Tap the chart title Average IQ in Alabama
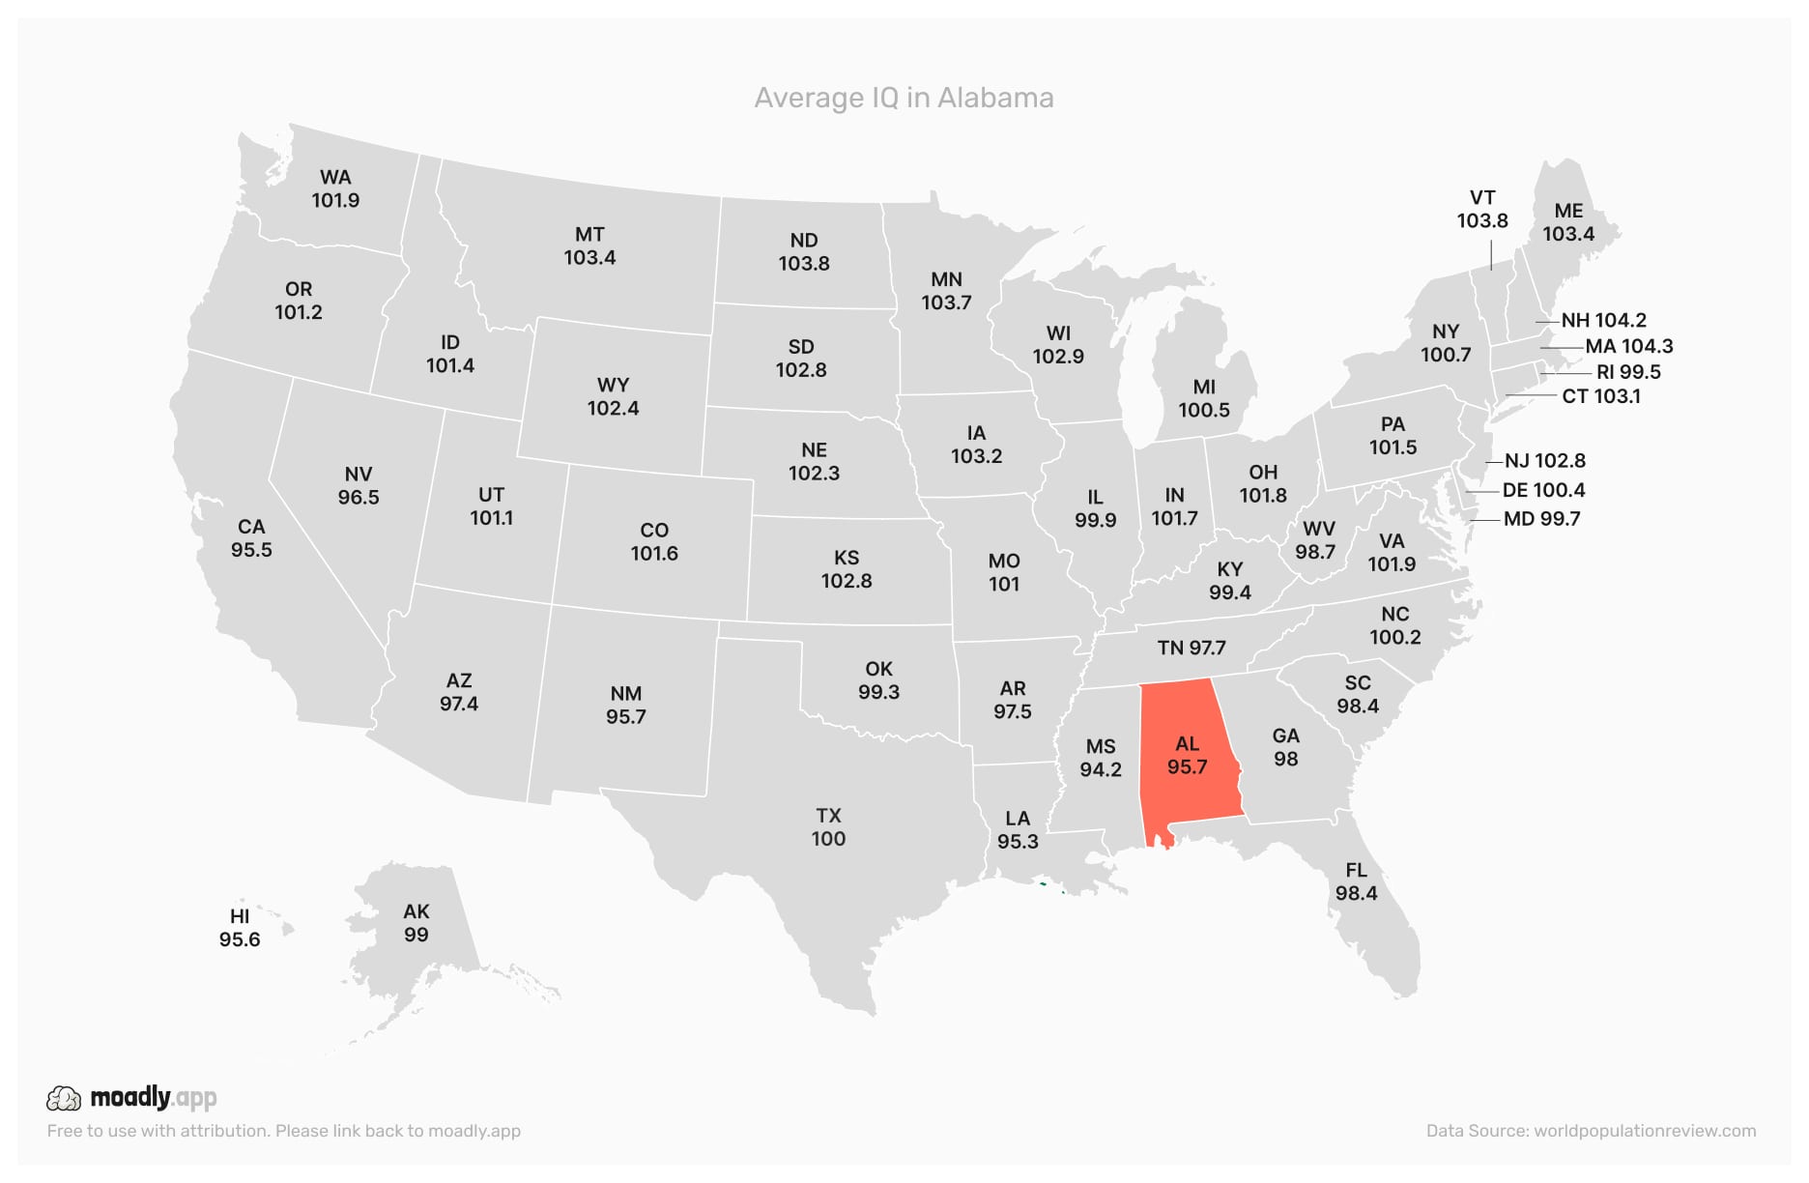coord(904,98)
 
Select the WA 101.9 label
coord(335,188)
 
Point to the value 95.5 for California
coord(251,550)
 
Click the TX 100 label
coord(828,827)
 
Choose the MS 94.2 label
coord(1101,758)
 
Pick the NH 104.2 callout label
coord(1603,320)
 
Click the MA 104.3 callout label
coord(1628,346)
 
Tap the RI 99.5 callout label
coord(1628,372)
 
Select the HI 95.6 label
coord(240,928)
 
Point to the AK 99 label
coord(416,923)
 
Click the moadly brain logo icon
coord(64,1098)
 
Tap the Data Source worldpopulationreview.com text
coord(1591,1131)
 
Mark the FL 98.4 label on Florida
coord(1356,881)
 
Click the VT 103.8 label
coord(1482,209)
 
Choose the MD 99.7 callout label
coord(1541,519)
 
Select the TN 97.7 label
coord(1192,648)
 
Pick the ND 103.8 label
coord(804,251)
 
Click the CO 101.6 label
coord(654,541)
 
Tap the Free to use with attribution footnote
coord(283,1131)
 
